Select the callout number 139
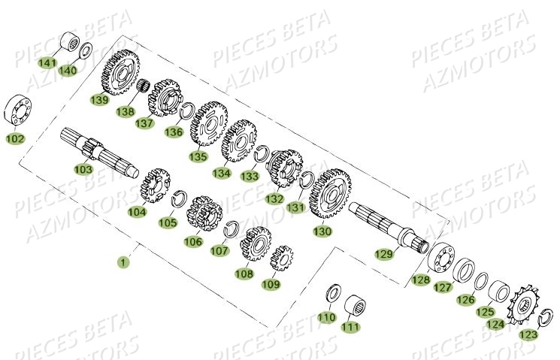click(99, 99)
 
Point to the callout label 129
click(385, 255)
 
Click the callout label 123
click(528, 334)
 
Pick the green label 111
click(350, 327)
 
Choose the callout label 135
click(198, 157)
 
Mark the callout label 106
click(193, 241)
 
